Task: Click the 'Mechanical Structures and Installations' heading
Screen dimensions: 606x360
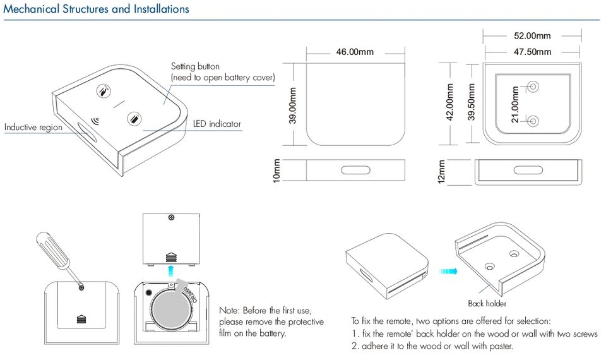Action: [x=96, y=9]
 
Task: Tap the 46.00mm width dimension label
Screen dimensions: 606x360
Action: [x=355, y=52]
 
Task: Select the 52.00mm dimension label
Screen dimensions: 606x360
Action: [x=532, y=36]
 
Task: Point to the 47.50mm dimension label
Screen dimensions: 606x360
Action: [x=532, y=52]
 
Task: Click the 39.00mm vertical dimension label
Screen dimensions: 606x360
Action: [x=292, y=105]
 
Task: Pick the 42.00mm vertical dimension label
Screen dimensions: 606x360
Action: [x=449, y=102]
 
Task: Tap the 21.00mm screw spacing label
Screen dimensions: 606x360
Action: [x=515, y=104]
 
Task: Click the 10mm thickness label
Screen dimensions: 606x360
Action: [x=276, y=171]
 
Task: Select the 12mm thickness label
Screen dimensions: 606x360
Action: [x=441, y=171]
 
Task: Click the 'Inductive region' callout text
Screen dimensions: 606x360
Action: [x=33, y=127]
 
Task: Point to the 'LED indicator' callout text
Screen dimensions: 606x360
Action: [x=217, y=124]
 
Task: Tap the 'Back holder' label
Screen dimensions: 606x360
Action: [x=487, y=304]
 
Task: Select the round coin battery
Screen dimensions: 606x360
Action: [x=172, y=309]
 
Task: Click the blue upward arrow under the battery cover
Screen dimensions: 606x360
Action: [x=170, y=271]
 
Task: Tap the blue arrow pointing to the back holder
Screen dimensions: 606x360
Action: [x=448, y=271]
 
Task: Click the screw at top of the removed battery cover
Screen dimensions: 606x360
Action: [x=172, y=218]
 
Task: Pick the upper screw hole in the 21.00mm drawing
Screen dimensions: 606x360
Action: [x=533, y=86]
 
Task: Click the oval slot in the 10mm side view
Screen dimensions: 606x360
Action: [x=355, y=170]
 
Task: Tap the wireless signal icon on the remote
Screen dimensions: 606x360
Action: [x=95, y=121]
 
